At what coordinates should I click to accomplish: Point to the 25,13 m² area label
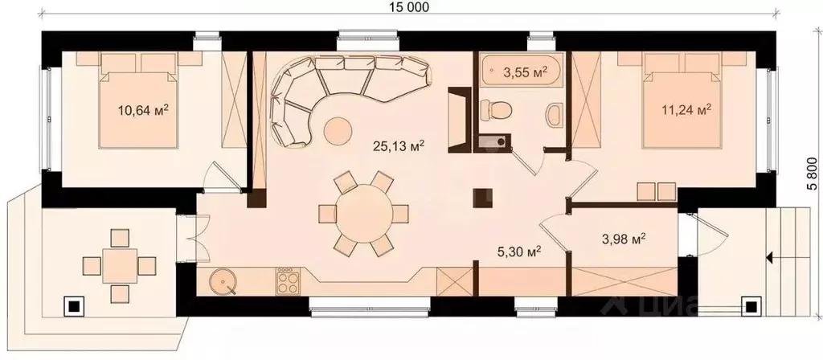pos(399,146)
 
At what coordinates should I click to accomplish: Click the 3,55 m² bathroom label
pos(525,72)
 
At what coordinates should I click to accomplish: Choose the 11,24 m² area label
pos(687,109)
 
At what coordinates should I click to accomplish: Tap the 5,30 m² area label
pos(519,252)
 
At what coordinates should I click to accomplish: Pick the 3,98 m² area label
pos(623,239)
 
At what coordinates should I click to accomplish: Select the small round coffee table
pos(338,131)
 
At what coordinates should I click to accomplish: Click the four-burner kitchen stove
pos(289,281)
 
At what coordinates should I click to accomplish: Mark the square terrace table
pos(120,265)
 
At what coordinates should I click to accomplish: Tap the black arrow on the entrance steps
pos(770,258)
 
